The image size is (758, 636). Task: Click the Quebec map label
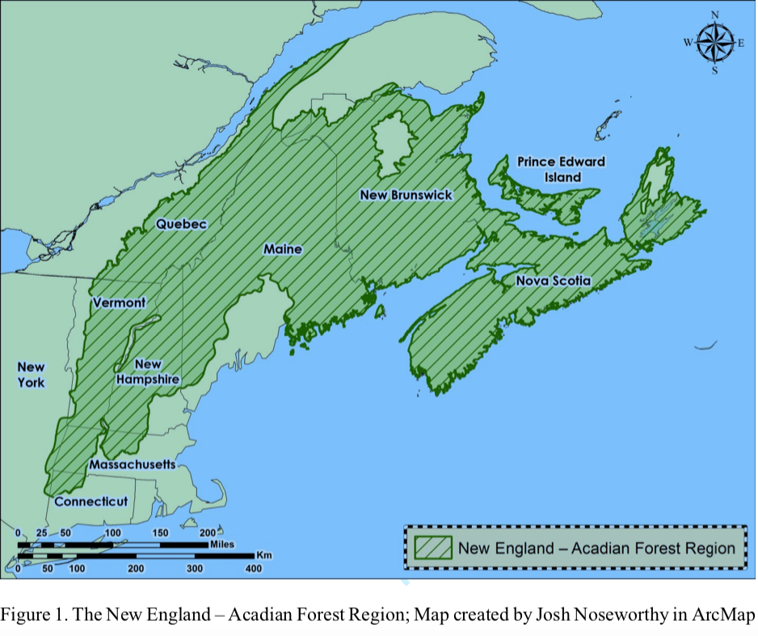click(182, 223)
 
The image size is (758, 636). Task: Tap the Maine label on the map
click(283, 249)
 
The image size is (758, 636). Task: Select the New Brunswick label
click(406, 195)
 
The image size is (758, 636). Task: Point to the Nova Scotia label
click(554, 281)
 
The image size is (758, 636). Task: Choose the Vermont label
click(120, 303)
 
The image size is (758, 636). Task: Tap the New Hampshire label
click(146, 371)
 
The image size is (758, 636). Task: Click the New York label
click(32, 375)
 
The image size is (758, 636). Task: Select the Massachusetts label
click(132, 464)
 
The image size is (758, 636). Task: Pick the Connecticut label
click(91, 502)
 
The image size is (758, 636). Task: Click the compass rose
click(715, 42)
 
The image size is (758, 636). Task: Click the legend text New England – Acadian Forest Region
click(596, 548)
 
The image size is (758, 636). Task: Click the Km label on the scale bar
click(263, 556)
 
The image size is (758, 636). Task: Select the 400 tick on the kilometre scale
click(253, 569)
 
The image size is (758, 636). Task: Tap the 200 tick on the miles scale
click(206, 532)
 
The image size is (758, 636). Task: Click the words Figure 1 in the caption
click(32, 615)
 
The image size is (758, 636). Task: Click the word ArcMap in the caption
click(725, 615)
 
